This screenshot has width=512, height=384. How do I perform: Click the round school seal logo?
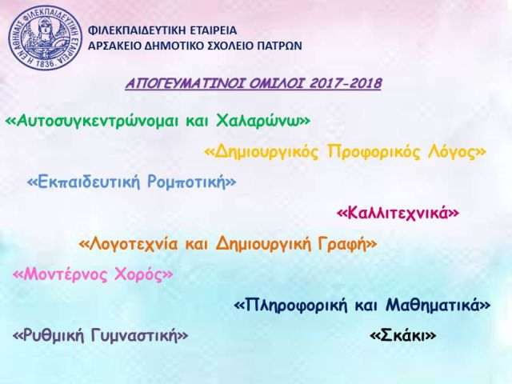(x=46, y=38)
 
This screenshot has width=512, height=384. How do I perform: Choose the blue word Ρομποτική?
(x=186, y=182)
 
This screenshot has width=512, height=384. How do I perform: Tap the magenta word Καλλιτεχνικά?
(x=398, y=214)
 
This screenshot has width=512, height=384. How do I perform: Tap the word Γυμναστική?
(x=136, y=336)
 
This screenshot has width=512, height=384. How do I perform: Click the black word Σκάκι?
(x=403, y=336)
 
